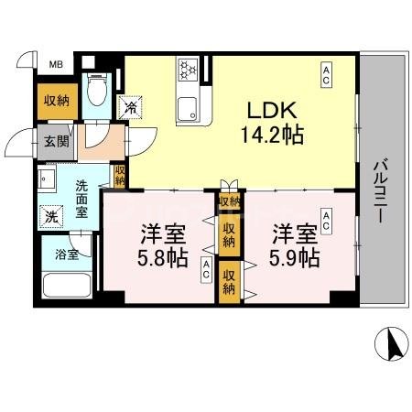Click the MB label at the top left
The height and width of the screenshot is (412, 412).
click(x=56, y=64)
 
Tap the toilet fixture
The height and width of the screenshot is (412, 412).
click(x=95, y=92)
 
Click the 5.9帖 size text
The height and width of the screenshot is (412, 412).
click(x=292, y=258)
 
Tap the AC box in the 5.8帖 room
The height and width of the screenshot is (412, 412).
click(x=207, y=267)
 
